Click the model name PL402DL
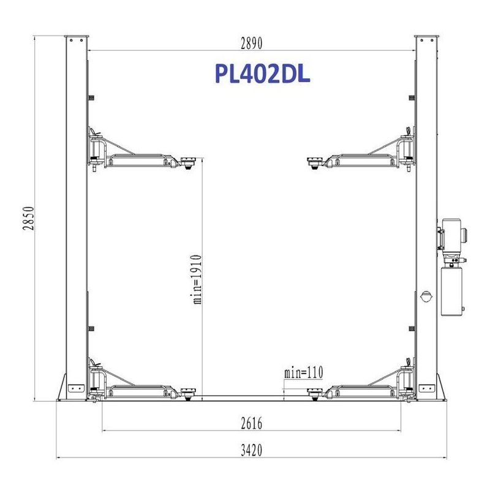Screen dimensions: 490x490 pos(263,73)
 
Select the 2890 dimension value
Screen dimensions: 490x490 pos(252,43)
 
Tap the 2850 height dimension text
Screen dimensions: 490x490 pos(28,218)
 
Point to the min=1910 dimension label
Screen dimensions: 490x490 pos(197,279)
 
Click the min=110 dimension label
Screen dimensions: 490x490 pos(303,372)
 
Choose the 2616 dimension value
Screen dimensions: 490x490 pos(252,424)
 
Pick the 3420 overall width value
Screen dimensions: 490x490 pos(252,450)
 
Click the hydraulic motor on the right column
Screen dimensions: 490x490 pos(451,235)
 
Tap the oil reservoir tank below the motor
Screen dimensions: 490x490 pos(452,291)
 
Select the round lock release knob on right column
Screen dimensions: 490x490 pos(426,296)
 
